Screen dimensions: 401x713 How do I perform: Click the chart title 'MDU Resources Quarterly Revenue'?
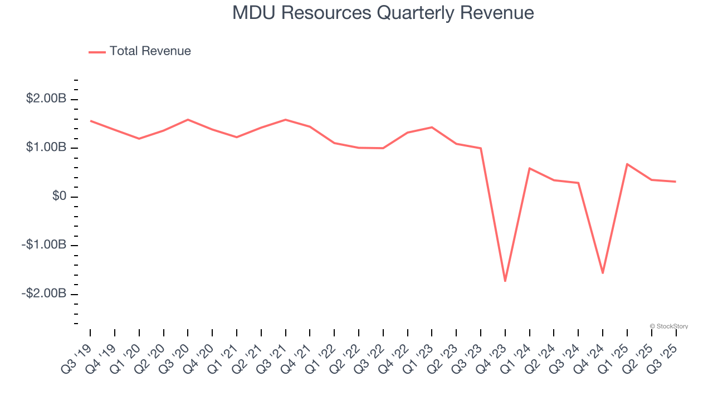(x=383, y=13)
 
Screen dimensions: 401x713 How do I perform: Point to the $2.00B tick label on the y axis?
(x=46, y=99)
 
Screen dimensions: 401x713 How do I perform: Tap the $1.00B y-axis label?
(x=46, y=148)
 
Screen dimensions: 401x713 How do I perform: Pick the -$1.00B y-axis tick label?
(x=45, y=245)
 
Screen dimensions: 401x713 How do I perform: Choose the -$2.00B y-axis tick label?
(x=45, y=294)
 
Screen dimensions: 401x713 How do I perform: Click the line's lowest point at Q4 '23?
(x=505, y=281)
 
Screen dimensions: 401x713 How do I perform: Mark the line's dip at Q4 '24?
(x=602, y=273)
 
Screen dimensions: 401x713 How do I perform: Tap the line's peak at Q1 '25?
(x=627, y=164)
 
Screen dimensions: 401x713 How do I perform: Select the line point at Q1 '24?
(x=529, y=168)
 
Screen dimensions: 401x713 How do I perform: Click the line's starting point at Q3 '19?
(x=90, y=121)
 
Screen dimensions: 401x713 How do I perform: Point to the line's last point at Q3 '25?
(x=675, y=182)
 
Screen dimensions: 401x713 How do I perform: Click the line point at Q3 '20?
(x=188, y=120)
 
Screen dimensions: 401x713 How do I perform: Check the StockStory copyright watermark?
(x=669, y=326)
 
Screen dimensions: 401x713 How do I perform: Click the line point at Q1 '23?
(x=432, y=128)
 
